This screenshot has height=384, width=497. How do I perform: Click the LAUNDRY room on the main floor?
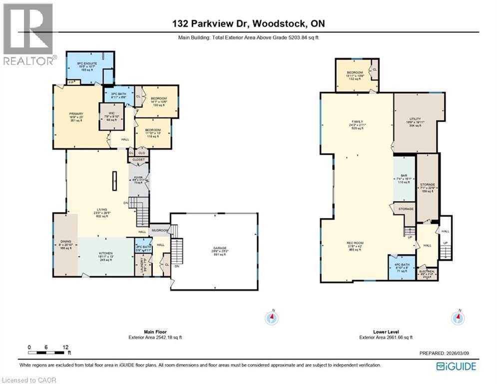[142, 263]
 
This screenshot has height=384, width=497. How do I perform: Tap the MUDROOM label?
[159, 230]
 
